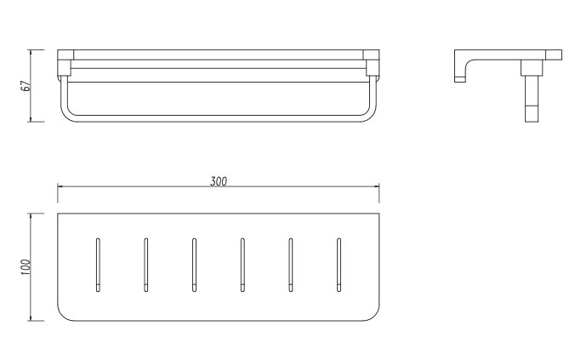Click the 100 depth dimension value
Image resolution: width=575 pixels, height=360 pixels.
(x=26, y=266)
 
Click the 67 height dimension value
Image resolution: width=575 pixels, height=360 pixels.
(x=26, y=85)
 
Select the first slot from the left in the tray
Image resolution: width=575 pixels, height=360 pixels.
(x=98, y=264)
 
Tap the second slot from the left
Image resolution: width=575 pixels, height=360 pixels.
(x=146, y=264)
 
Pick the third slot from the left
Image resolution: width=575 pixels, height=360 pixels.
(x=194, y=264)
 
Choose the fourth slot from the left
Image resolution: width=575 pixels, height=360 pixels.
(x=242, y=264)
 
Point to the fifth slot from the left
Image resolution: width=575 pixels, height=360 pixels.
(x=291, y=264)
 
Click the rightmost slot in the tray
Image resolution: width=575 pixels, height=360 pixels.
(x=339, y=264)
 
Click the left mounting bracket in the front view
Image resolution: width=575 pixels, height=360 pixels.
(x=64, y=64)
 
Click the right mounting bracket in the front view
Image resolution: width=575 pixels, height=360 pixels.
(x=372, y=64)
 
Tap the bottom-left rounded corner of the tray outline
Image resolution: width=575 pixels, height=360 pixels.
(x=64, y=314)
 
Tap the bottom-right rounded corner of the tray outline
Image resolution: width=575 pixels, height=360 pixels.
(x=373, y=314)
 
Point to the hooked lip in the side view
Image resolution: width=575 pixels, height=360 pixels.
(x=460, y=71)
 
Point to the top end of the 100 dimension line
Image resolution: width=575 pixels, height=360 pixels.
(x=31, y=213)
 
